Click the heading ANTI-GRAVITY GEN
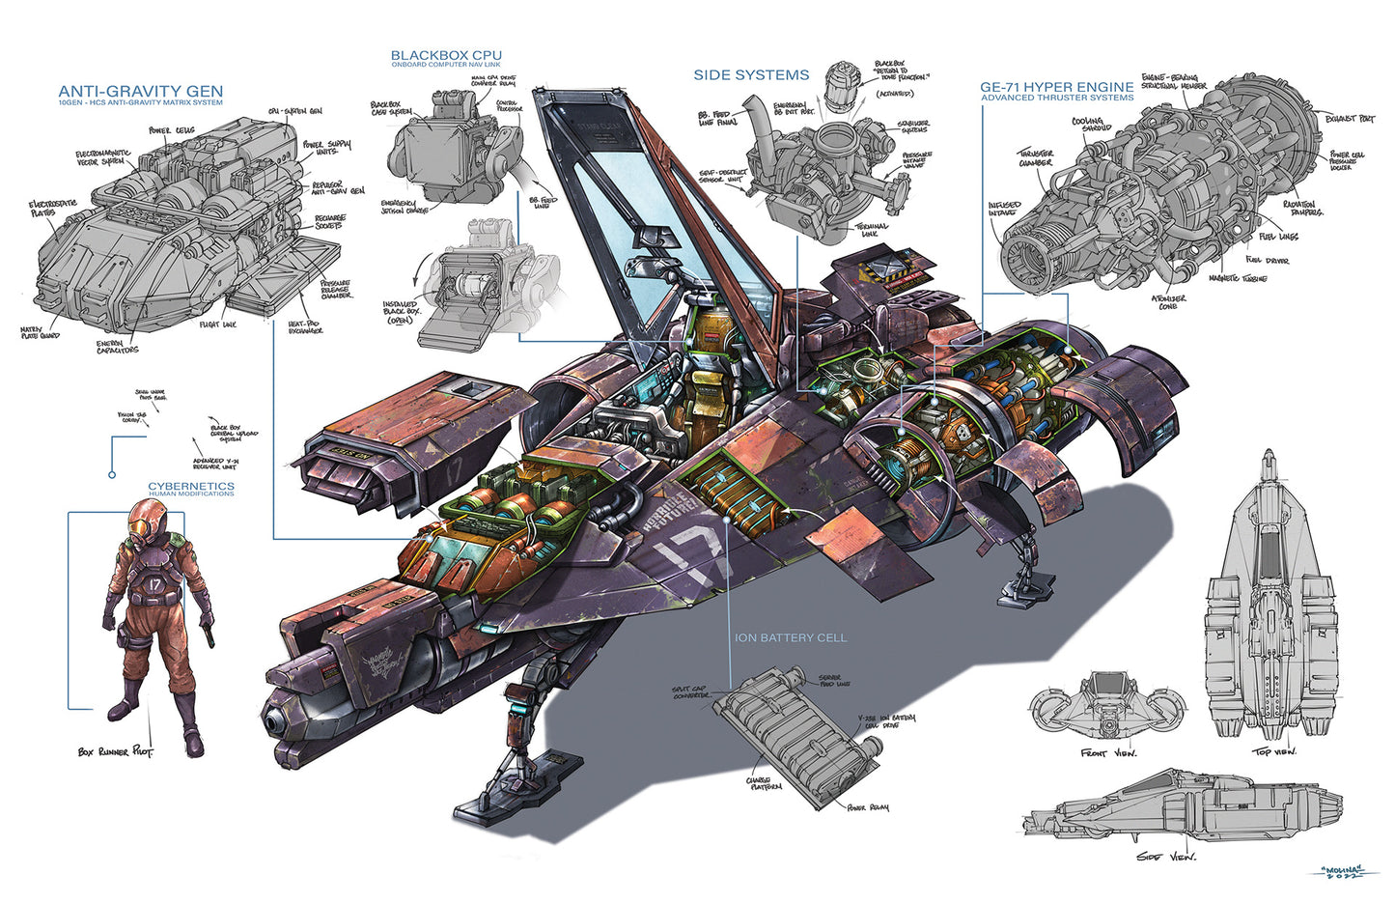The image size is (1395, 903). pos(140,92)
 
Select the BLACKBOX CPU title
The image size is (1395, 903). pos(446,56)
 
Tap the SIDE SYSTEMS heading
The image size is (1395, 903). pos(751,74)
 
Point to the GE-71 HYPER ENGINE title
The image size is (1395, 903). pos(1057,87)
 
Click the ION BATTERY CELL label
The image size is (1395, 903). pos(790,637)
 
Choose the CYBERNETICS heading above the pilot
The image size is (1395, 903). pos(190,486)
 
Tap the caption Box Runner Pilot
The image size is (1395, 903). pos(115,750)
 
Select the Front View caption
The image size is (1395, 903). pos(1108,752)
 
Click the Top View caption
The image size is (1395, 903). pos(1274,750)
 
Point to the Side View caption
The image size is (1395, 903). pos(1166,857)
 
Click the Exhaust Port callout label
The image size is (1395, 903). pos(1350,119)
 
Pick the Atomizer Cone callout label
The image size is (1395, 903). pos(1168,302)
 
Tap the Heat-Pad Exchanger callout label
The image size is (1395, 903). pos(305,327)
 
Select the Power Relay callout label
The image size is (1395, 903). pos(868,806)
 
